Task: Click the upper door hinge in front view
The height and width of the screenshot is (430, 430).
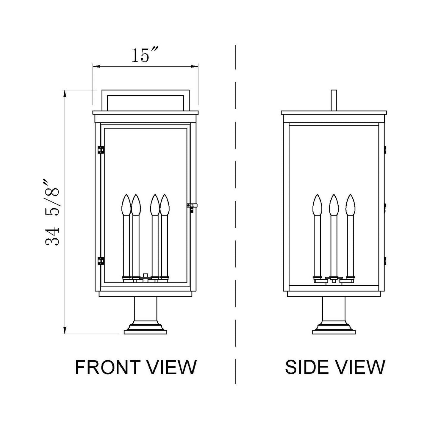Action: pyautogui.click(x=101, y=150)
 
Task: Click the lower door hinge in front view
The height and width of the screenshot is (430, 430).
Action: pyautogui.click(x=101, y=261)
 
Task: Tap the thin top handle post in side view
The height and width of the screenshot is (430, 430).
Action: pyautogui.click(x=334, y=100)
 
